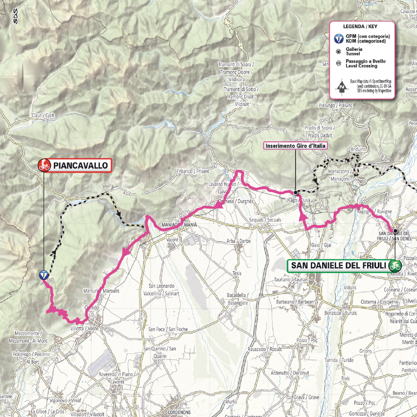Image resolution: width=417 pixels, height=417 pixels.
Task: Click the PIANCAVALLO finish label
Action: tap(80, 165)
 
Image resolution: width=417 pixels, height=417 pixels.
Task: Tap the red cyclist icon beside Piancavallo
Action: tap(44, 165)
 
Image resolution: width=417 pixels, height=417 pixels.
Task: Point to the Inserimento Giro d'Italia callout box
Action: tap(296, 145)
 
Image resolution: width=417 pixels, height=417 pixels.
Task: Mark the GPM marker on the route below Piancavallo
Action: tap(44, 275)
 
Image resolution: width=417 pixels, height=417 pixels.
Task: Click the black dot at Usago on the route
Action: tap(296, 192)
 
